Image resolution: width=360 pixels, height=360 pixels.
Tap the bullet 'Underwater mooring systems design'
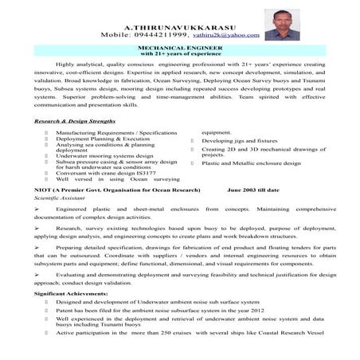(x=106, y=157)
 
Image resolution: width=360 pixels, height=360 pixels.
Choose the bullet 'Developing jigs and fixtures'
(x=239, y=141)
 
